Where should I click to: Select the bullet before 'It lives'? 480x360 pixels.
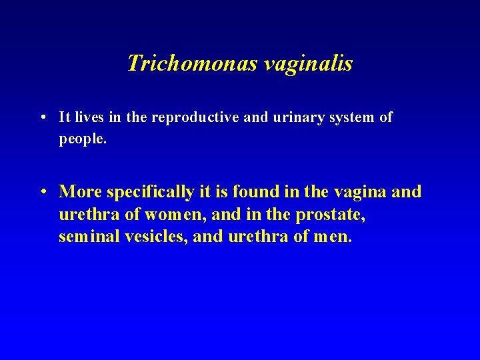click(x=42, y=118)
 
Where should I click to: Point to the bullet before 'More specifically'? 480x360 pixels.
click(x=43, y=193)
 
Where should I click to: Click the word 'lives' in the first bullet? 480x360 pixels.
click(x=89, y=118)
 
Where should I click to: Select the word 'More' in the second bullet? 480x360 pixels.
click(x=81, y=192)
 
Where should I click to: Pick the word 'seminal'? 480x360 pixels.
click(x=89, y=237)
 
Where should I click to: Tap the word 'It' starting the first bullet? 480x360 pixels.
click(x=65, y=118)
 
